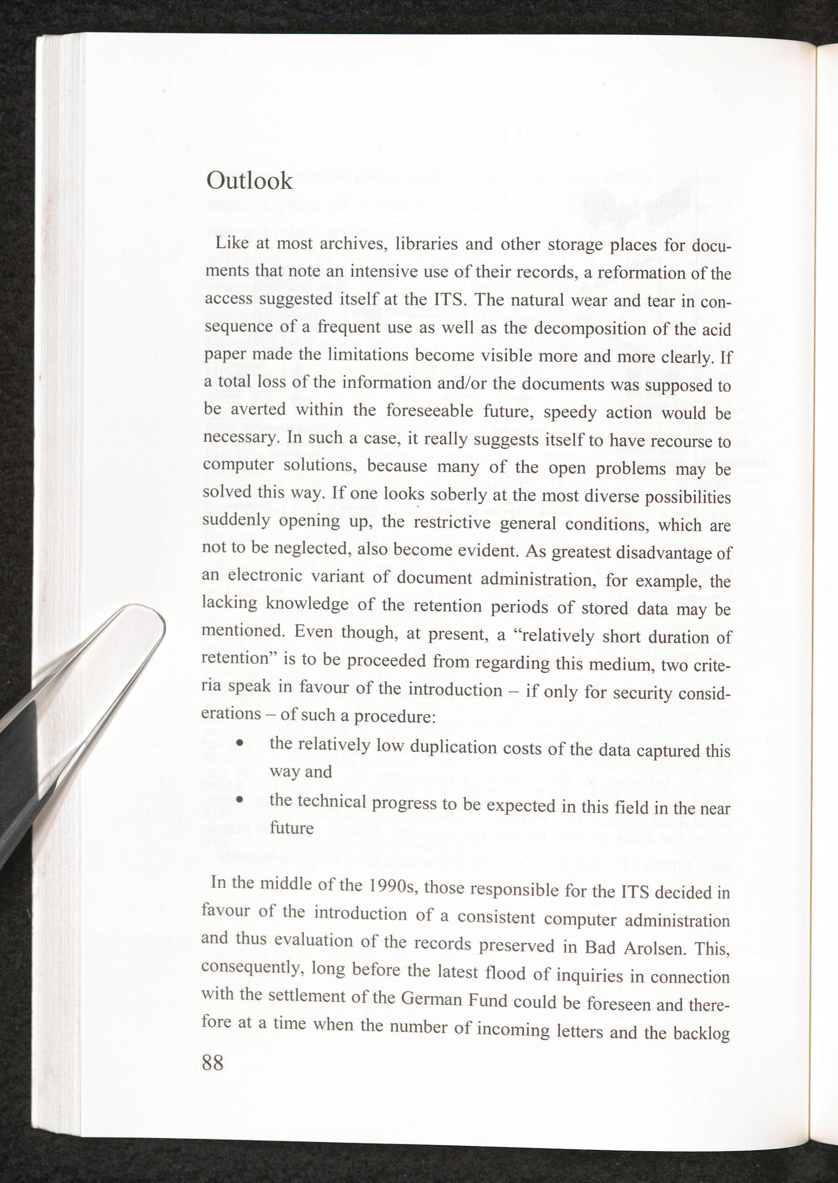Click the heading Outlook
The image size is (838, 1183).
point(249,181)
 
